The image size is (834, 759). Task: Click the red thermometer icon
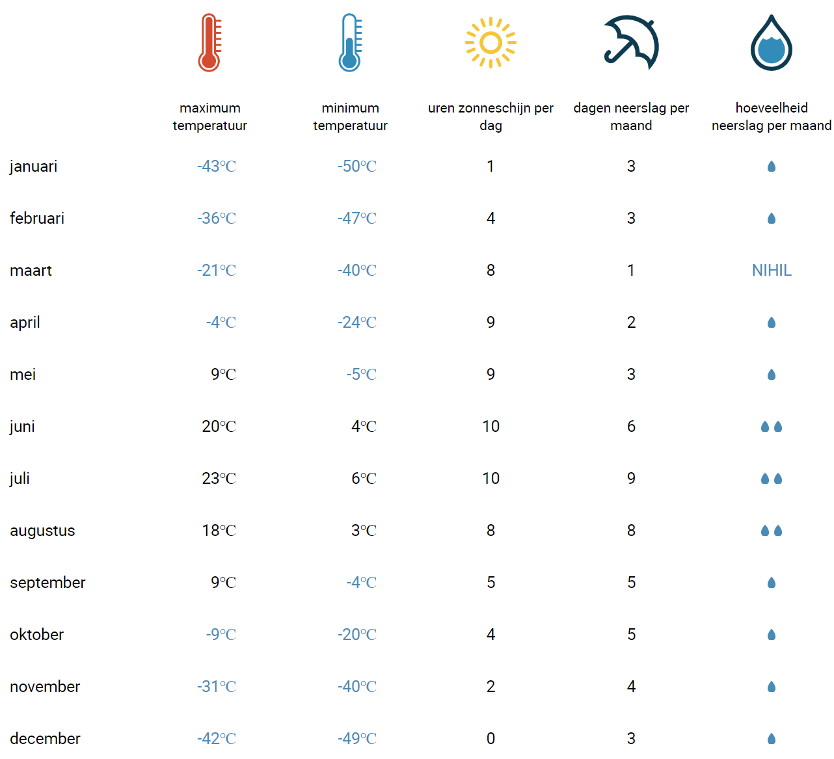209,42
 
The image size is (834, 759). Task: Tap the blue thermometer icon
349,42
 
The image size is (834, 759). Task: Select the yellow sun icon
490,42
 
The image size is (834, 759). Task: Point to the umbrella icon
630,42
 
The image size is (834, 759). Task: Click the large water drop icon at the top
771,43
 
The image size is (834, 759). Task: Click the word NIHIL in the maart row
771,270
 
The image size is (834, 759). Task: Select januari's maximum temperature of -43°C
216,166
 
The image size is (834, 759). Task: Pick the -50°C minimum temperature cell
356,166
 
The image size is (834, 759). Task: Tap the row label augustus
42,531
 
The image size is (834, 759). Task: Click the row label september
47,583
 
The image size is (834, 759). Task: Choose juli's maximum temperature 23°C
219,479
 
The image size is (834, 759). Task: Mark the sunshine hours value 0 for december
491,739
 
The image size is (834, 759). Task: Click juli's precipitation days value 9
631,479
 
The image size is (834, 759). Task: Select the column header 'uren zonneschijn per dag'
491,116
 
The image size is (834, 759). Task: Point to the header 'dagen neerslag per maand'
630,116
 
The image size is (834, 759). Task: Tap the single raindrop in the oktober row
771,635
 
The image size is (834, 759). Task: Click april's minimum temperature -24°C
356,322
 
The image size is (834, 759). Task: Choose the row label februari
37,219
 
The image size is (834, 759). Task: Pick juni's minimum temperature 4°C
364,427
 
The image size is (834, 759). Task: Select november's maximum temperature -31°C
216,687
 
